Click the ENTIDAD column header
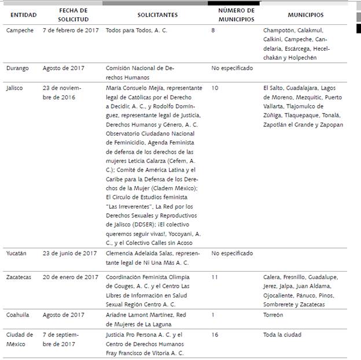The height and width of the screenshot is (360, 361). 20,15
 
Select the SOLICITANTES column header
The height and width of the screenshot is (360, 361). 157,15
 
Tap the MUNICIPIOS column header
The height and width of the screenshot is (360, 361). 305,15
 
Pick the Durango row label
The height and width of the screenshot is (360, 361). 19,68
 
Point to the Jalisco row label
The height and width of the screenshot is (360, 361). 16,88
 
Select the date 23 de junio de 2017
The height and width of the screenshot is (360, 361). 69,253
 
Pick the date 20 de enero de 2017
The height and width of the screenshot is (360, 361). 71,277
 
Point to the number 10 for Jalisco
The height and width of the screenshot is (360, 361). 215,88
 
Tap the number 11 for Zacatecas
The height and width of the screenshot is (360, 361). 215,277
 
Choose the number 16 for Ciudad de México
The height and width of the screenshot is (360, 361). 215,335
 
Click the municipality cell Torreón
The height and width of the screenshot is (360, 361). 273,315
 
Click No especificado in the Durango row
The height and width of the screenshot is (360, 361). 232,68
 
